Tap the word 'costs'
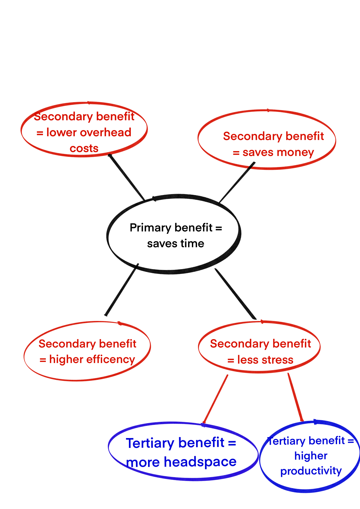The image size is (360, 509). click(x=84, y=148)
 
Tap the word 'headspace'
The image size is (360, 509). click(x=200, y=462)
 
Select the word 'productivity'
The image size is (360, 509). click(x=311, y=471)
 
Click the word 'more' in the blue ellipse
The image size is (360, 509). click(x=143, y=462)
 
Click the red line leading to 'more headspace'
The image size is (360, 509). click(x=216, y=399)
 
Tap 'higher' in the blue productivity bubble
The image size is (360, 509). click(x=311, y=456)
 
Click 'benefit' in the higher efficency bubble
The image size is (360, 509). click(x=118, y=344)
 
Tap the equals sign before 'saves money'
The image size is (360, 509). click(x=236, y=153)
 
